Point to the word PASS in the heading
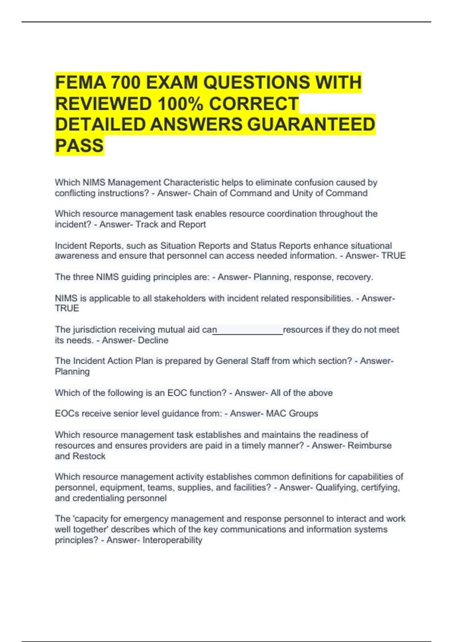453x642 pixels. (79, 146)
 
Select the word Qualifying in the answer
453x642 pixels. (336, 488)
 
